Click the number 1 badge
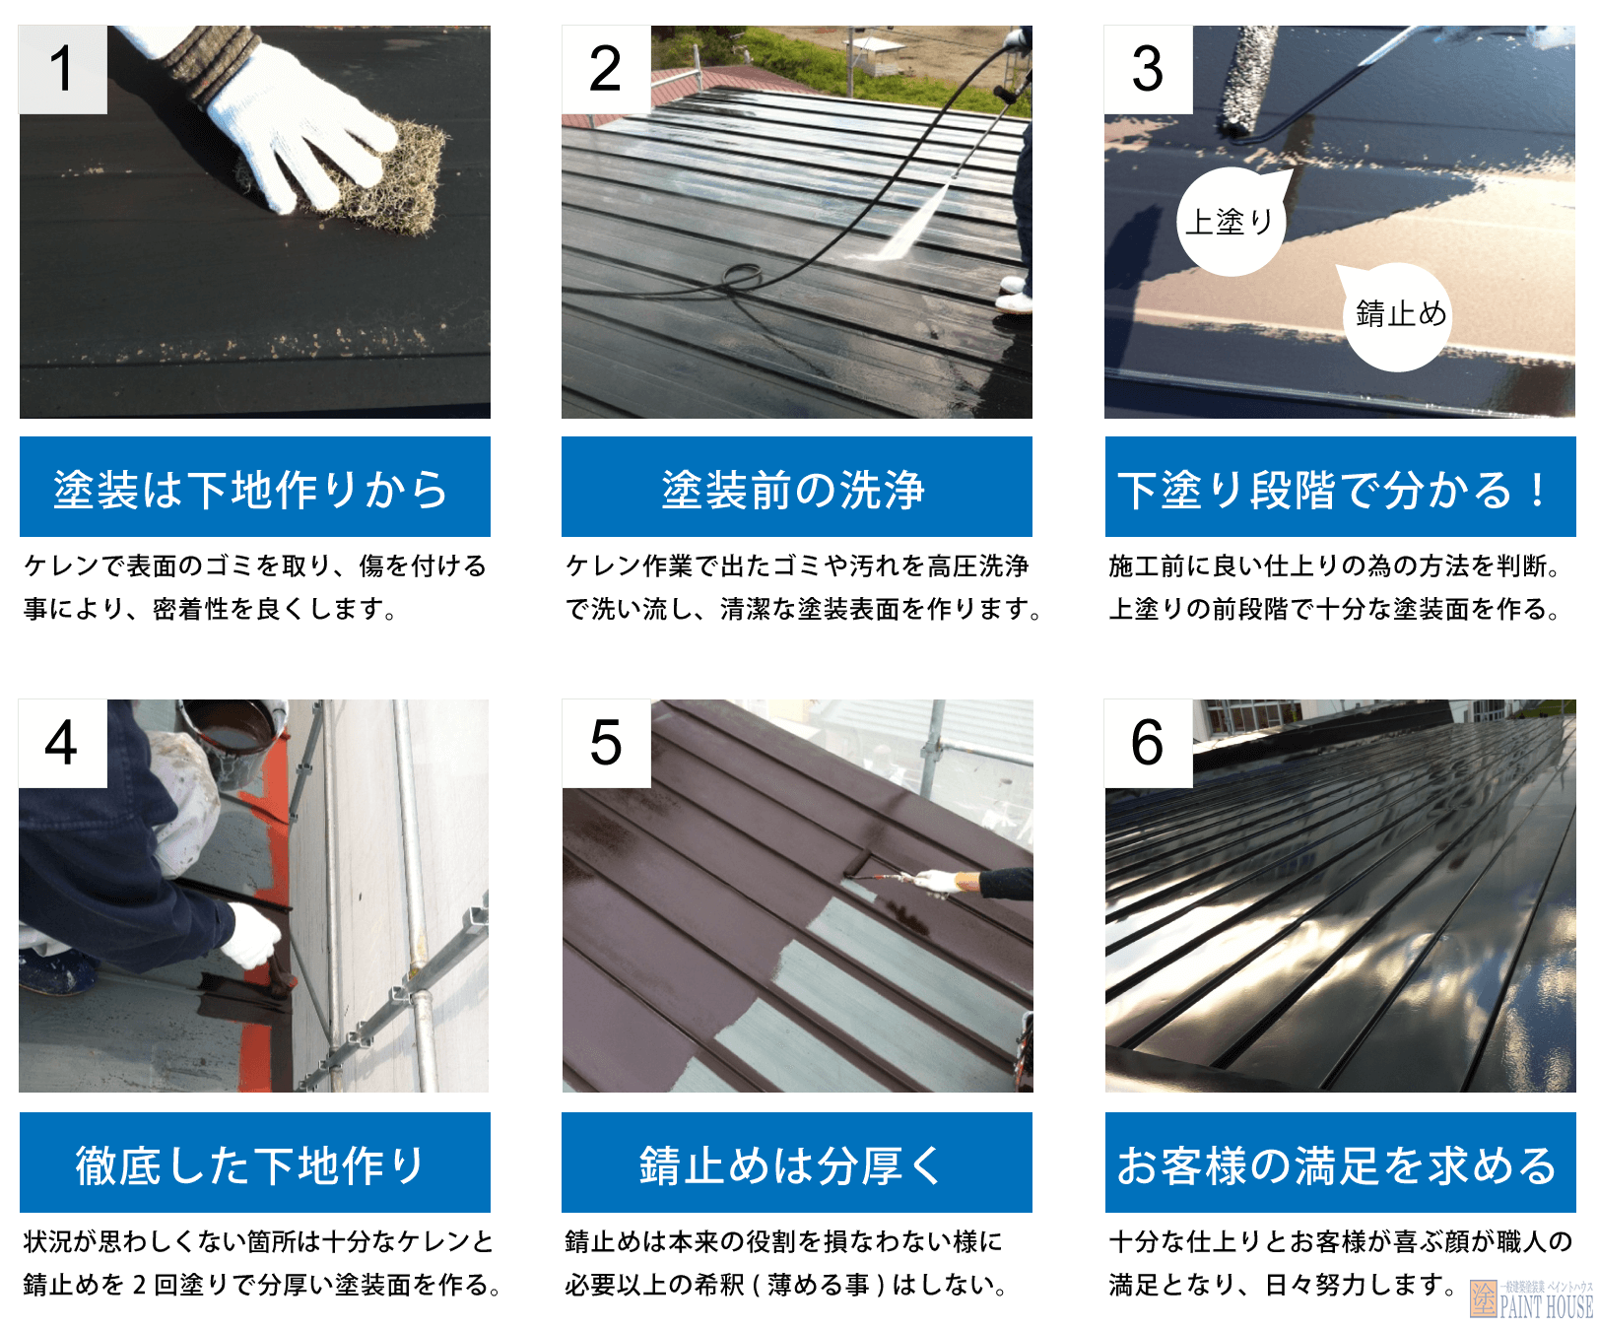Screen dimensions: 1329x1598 (x=62, y=70)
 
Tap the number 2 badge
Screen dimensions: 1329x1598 (x=606, y=70)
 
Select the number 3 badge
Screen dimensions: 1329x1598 (x=1148, y=70)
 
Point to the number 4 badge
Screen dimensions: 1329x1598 (x=62, y=744)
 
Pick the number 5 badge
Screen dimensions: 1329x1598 (x=606, y=744)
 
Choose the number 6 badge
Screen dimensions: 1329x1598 (x=1148, y=744)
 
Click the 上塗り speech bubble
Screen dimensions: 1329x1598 (x=1231, y=223)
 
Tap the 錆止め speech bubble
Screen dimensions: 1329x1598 (x=1399, y=315)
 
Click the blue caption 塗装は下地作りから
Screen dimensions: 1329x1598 (x=254, y=488)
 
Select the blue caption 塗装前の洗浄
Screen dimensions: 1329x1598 (x=796, y=488)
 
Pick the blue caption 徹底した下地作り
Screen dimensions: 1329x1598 (x=254, y=1163)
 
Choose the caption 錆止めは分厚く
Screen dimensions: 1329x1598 (x=796, y=1163)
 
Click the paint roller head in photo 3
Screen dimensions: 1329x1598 (x=1247, y=79)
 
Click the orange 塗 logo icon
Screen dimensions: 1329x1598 (x=1483, y=1298)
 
